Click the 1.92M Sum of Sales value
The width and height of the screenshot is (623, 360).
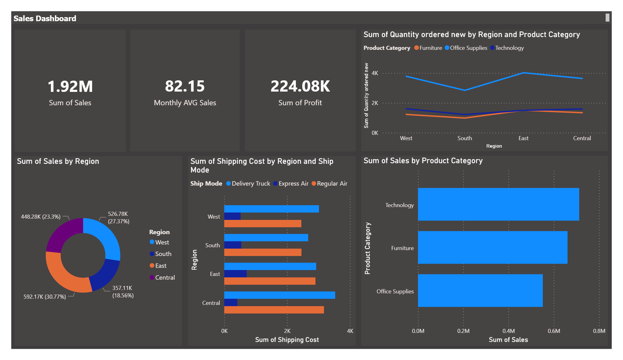click(70, 86)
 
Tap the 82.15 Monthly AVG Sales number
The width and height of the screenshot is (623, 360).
click(185, 86)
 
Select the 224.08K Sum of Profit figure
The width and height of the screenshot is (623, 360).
click(300, 86)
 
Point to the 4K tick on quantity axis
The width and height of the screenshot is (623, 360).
click(375, 73)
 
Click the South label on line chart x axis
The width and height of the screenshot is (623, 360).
click(464, 138)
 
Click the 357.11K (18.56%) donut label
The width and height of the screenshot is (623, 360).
click(123, 292)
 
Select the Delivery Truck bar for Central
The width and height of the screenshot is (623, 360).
click(279, 295)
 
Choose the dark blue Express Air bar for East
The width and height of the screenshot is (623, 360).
click(235, 274)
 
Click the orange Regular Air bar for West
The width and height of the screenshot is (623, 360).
click(263, 224)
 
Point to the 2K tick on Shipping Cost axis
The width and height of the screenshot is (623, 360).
click(287, 331)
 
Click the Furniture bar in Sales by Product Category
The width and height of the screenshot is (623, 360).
click(492, 247)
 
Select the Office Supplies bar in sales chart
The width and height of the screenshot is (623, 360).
click(480, 291)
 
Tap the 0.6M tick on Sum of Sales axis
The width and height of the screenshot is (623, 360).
click(554, 331)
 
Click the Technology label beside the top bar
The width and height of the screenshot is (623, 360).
click(399, 205)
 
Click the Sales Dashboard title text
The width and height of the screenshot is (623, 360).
click(45, 18)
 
